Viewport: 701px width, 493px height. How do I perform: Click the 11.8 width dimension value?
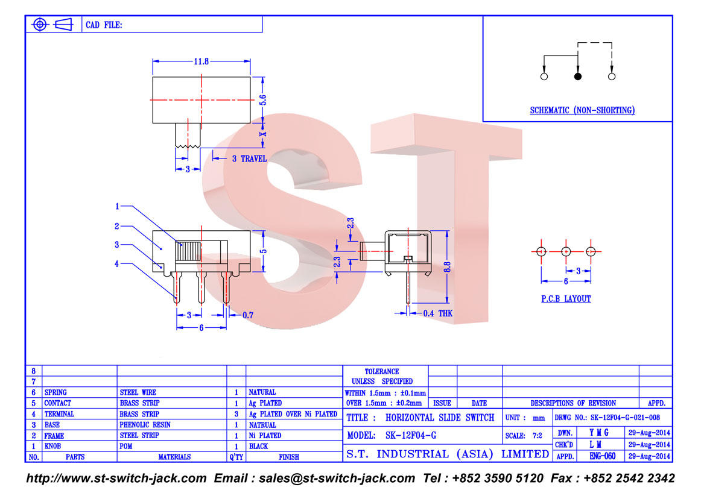coord(201,61)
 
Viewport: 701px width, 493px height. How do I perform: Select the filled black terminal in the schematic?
coord(577,77)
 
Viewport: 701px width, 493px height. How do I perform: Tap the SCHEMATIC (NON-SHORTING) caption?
coord(582,110)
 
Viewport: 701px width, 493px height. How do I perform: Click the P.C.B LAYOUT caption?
coord(566,299)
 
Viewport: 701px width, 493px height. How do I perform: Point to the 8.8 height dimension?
coord(447,267)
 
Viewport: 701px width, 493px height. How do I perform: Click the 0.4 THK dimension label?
coord(438,313)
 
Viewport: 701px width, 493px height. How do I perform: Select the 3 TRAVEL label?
coord(249,159)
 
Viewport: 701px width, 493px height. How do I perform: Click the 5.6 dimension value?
coord(263,100)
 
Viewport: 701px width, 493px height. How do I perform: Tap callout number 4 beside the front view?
coord(116,264)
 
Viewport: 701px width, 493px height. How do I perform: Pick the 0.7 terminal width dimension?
coord(248,315)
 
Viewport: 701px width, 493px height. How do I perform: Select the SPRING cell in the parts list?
coord(56,392)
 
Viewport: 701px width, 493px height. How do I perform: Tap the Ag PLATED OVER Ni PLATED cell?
coord(293,414)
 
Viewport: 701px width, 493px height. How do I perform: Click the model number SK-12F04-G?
coord(411,435)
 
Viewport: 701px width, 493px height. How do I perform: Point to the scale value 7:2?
coord(537,435)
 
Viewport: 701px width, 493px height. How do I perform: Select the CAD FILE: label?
coord(104,25)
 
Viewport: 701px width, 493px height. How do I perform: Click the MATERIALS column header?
coord(174,457)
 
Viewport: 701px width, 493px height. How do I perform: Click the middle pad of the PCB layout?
coord(566,251)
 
